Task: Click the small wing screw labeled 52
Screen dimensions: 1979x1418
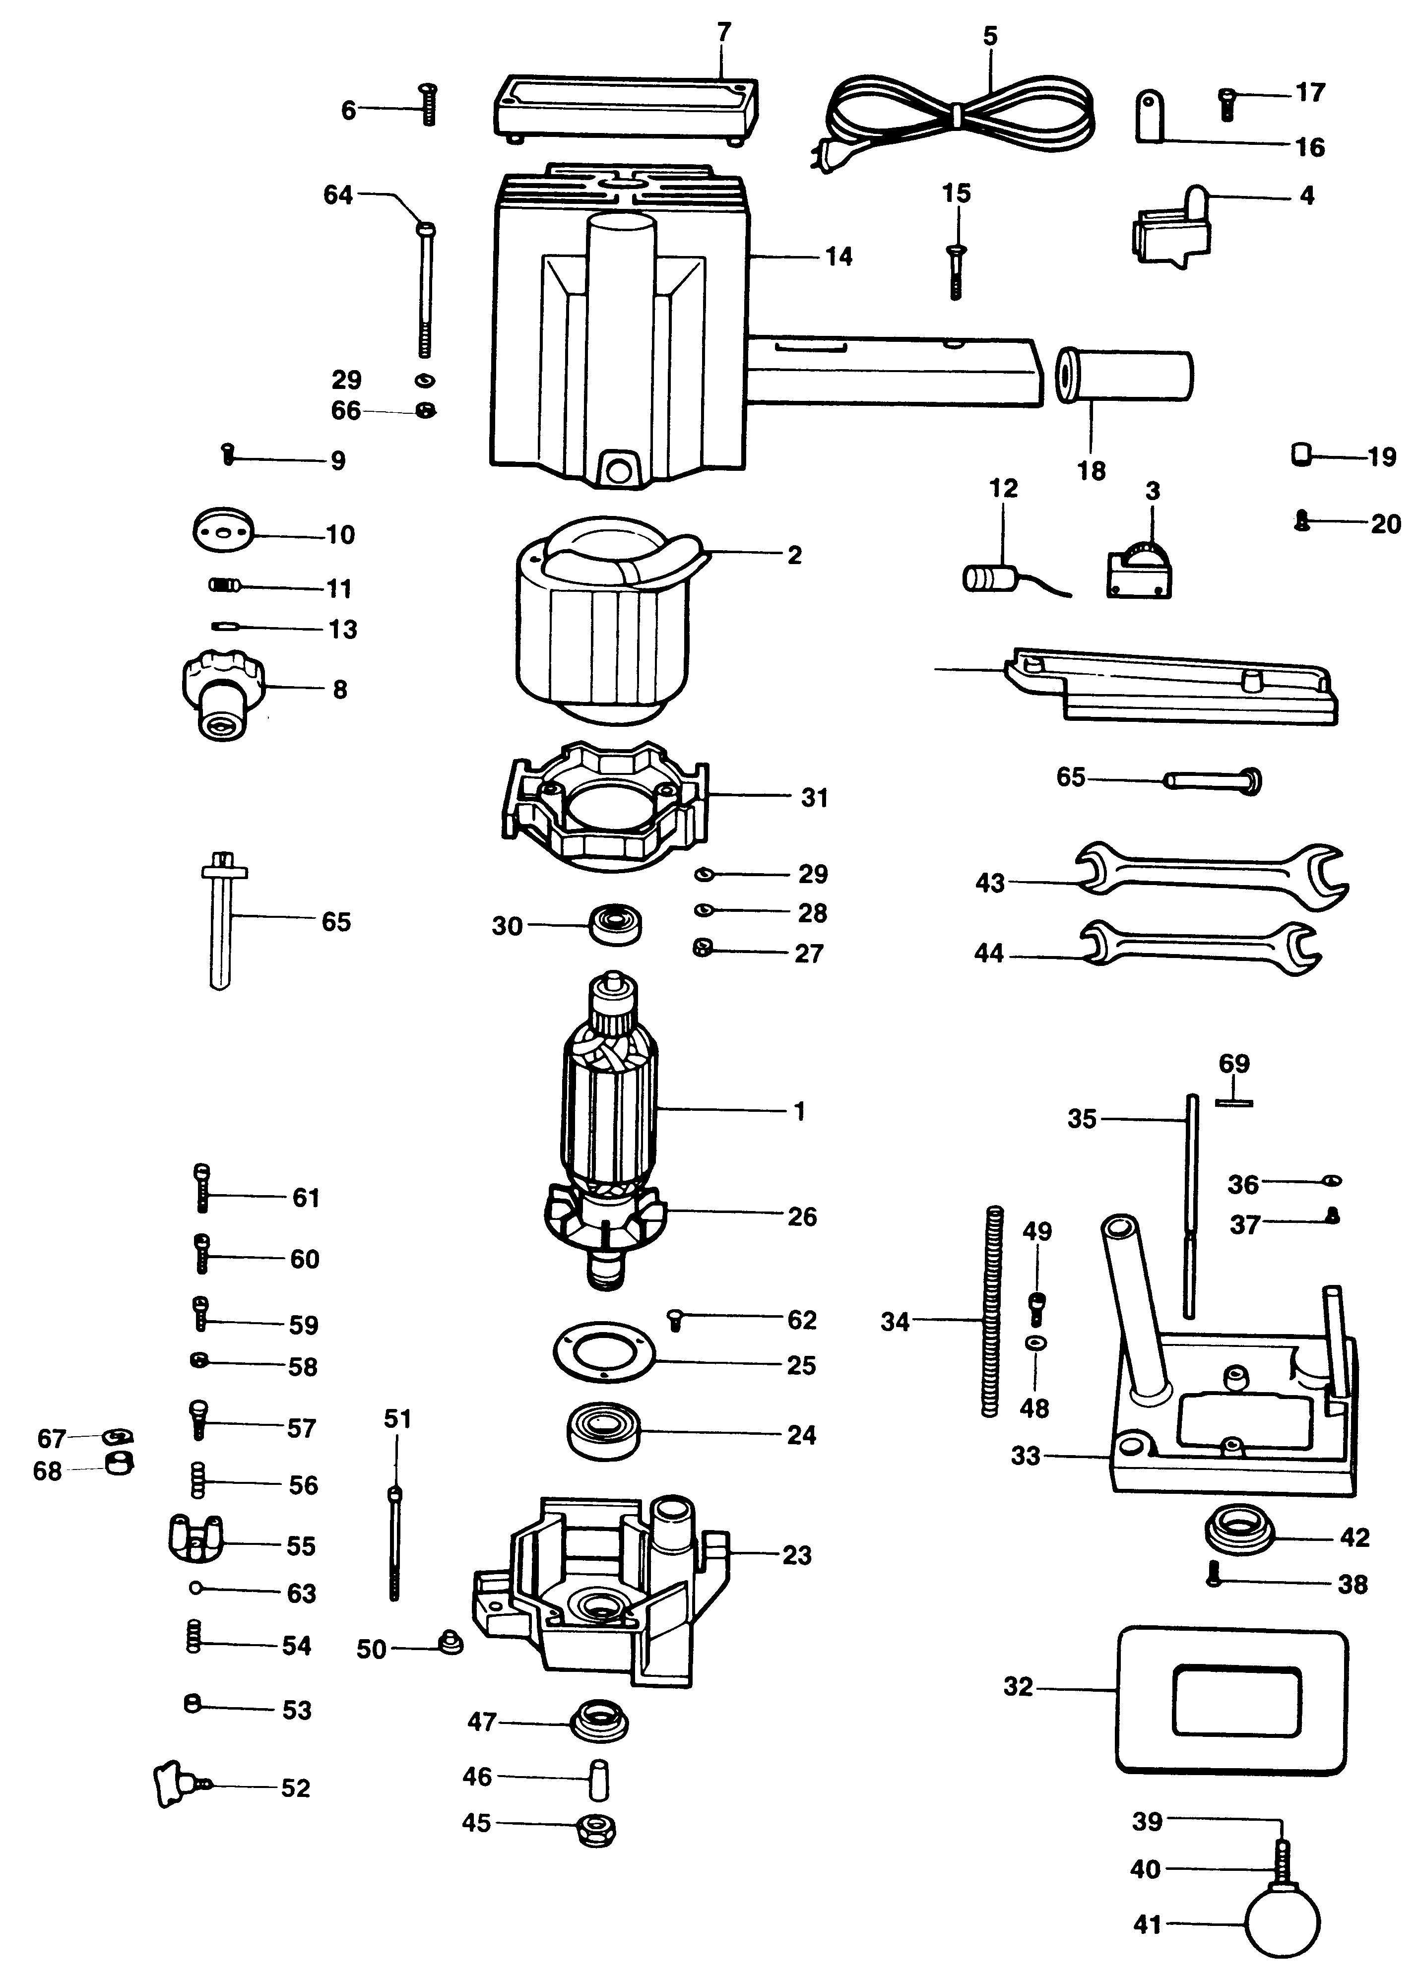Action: coord(177,1783)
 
